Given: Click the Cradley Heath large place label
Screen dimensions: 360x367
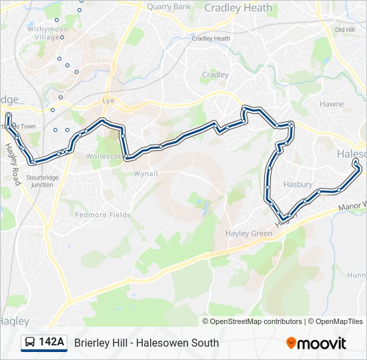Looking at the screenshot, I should [x=238, y=8].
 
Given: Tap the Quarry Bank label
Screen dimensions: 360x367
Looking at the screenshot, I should [x=169, y=7].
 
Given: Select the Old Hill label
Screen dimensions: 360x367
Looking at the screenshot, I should [x=344, y=30].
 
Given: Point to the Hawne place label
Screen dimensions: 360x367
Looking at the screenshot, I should [x=332, y=104].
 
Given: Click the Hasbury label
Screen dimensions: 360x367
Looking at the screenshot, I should [x=298, y=184].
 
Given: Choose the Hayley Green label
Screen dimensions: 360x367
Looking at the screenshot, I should [x=249, y=233].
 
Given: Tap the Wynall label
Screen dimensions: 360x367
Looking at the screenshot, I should [x=145, y=173].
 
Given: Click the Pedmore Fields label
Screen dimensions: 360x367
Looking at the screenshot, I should [x=102, y=215].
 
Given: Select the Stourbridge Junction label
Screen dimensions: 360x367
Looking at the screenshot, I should [x=40, y=181].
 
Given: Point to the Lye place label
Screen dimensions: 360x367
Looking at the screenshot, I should [x=109, y=101].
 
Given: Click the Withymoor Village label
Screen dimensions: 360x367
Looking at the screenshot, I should [x=43, y=33].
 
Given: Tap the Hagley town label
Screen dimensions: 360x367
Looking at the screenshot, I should [x=13, y=321].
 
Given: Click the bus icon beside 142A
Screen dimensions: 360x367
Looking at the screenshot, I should [x=30, y=343].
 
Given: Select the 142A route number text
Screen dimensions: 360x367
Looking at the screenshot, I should [x=51, y=343].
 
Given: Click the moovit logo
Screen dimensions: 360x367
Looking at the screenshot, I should [x=316, y=343].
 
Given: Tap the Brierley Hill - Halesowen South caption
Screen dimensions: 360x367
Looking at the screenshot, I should [x=146, y=343].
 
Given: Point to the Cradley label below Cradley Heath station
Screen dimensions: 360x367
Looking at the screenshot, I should [x=216, y=75].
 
